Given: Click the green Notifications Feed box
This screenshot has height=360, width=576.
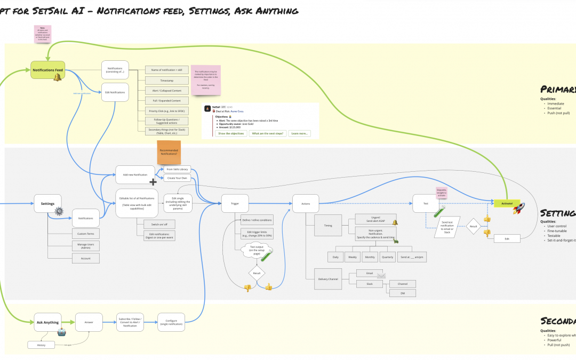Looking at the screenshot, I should coord(47,70).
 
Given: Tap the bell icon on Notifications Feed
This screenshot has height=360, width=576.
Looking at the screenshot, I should coord(57,78).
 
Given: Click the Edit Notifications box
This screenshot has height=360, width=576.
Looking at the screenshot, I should coord(115,92).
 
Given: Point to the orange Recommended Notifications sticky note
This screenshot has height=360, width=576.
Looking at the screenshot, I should coord(169,153).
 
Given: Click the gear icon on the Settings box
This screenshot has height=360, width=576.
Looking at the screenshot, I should coord(59,211).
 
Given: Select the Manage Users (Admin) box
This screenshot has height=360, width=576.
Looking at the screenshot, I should coord(85,246).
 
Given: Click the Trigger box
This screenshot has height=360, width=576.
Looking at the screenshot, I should coord(235,203).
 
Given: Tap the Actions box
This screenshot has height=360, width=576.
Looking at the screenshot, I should coord(306,203).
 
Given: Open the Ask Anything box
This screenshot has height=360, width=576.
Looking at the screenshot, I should coord(47,322).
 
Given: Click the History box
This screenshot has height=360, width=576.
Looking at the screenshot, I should coord(42,345).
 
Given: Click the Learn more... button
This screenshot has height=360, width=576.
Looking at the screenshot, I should coord(299,133).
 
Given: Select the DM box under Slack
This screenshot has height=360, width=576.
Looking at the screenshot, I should coord(403,293).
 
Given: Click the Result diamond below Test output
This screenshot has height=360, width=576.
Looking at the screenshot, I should coord(257,273).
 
